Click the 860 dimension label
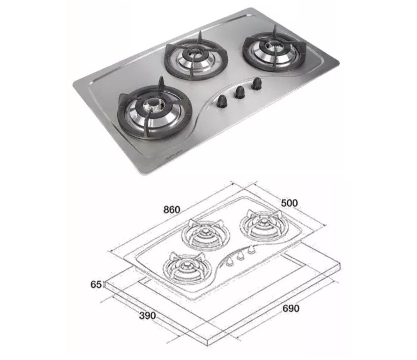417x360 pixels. [x=172, y=210]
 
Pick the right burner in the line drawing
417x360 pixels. [x=263, y=224]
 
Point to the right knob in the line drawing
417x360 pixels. [x=253, y=251]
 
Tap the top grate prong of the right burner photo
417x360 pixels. [x=275, y=30]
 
